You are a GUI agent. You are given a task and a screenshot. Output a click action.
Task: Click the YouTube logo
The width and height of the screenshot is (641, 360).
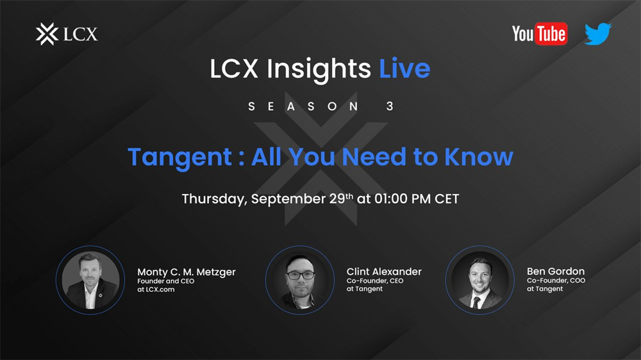[540, 33]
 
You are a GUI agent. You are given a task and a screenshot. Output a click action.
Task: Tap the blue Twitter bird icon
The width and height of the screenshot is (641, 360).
[597, 33]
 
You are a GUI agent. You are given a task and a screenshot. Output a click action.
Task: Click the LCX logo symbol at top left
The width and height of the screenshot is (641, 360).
[47, 34]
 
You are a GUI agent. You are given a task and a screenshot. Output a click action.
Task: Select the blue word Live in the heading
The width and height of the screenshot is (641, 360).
[404, 69]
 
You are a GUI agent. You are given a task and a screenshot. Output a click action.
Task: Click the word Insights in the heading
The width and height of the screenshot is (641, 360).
[319, 69]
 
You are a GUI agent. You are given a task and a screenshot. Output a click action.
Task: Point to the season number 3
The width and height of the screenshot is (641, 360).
[390, 106]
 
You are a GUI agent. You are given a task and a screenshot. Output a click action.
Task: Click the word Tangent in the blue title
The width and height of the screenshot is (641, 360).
[180, 158]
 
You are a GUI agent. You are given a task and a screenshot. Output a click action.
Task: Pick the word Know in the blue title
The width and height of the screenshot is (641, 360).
[479, 156]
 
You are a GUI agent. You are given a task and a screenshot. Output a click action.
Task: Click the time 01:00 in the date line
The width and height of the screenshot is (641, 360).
[391, 199]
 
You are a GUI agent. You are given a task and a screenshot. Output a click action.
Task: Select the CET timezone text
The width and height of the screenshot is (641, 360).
[447, 199]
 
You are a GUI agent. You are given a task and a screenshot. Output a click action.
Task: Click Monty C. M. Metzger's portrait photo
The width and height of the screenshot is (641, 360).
[90, 281]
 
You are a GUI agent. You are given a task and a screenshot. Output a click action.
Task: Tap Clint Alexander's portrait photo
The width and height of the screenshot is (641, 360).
[300, 281]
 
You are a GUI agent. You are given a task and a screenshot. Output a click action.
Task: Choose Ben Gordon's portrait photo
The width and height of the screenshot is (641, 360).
[480, 281]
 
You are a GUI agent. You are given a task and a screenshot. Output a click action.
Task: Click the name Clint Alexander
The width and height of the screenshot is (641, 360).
[384, 272]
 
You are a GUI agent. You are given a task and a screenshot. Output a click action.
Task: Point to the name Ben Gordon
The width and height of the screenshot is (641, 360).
[556, 272]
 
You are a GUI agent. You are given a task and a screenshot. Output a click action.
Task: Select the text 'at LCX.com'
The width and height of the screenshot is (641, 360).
[156, 290]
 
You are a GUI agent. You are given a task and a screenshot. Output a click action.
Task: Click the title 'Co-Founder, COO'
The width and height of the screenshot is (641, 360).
[556, 281]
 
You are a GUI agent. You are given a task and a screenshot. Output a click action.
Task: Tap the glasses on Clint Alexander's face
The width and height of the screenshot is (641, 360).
[301, 275]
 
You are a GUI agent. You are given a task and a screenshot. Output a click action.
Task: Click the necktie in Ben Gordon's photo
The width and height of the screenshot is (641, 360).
[476, 303]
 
